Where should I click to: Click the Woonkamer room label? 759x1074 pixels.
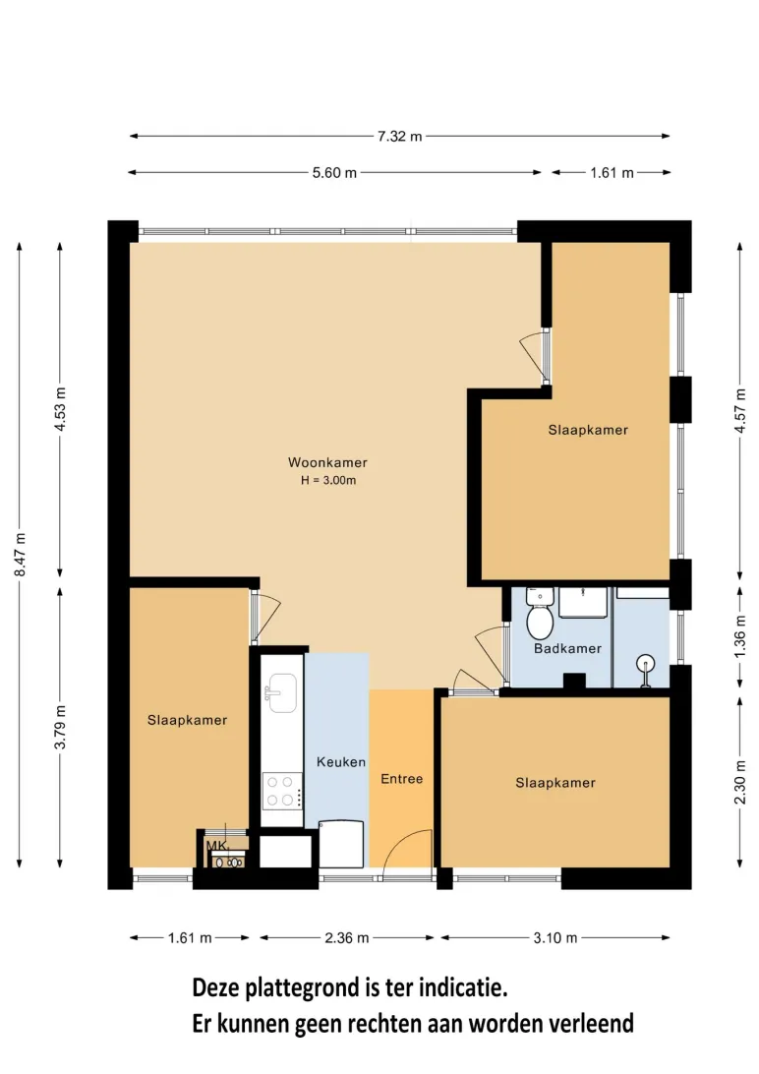[327, 462]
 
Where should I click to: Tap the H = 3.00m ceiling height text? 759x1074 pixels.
[328, 480]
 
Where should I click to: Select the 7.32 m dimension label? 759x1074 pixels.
[400, 137]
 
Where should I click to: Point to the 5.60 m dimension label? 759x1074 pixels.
[334, 173]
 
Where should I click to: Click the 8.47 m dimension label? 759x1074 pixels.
[21, 554]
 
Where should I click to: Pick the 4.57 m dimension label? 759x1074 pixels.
[740, 410]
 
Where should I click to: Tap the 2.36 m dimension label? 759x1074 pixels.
[347, 937]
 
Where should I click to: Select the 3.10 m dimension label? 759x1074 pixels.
[555, 937]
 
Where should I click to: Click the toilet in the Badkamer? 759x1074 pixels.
[540, 615]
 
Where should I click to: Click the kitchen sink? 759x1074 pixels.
[281, 692]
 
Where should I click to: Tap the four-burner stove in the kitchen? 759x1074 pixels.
[281, 791]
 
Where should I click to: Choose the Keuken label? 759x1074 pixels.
[341, 761]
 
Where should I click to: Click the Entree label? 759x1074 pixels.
[402, 779]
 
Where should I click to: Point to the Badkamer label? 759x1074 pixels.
[567, 648]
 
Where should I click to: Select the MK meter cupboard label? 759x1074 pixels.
[216, 846]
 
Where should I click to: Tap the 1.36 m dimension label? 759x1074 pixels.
[740, 636]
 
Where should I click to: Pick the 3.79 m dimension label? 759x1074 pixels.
[60, 727]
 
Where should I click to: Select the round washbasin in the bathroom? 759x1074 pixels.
[645, 665]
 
